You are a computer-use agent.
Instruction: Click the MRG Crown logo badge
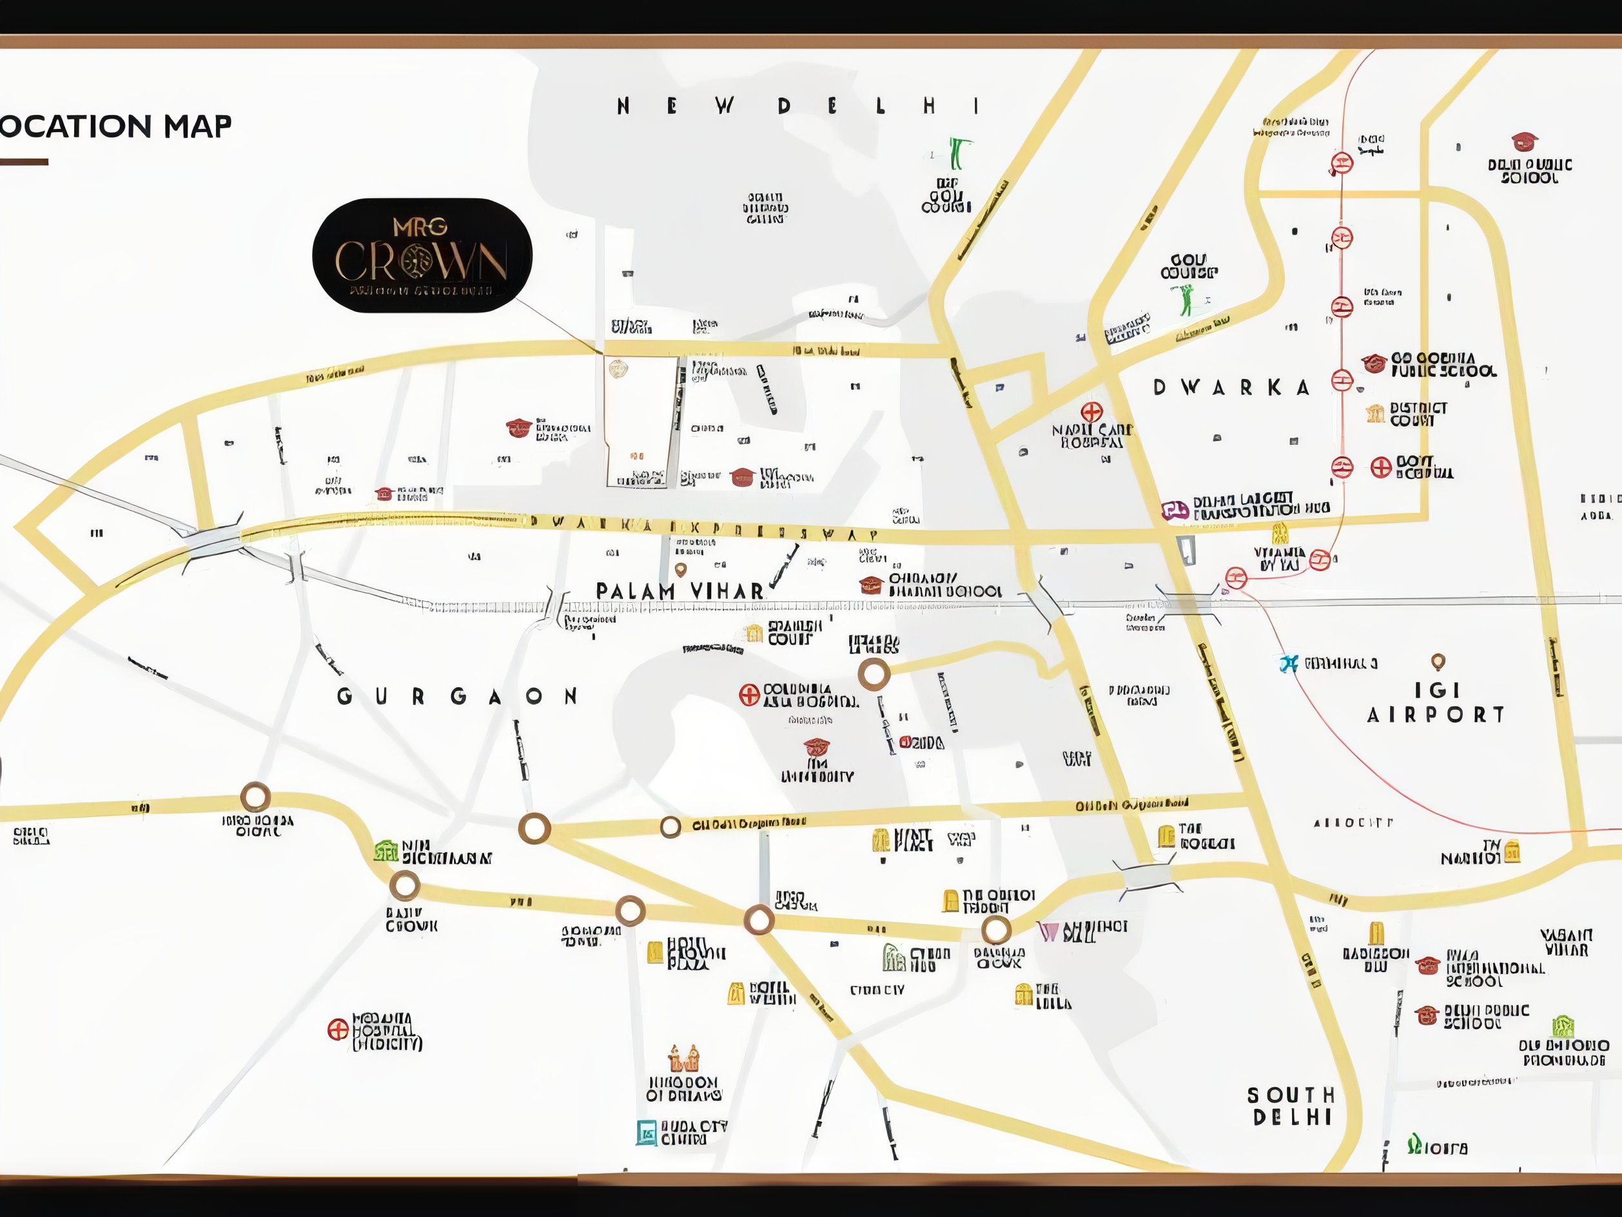point(422,255)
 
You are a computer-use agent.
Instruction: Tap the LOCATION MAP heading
point(116,126)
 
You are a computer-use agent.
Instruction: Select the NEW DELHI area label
point(799,106)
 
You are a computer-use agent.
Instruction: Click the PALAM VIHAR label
point(679,591)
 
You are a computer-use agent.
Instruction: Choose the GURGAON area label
point(458,696)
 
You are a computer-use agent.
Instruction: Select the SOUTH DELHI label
point(1291,1105)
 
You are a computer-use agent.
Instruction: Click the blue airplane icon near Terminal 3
point(1288,663)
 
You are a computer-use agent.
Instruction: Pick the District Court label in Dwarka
point(1418,414)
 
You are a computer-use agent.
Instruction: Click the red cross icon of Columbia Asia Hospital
point(748,694)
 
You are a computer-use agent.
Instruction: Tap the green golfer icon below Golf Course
point(1186,300)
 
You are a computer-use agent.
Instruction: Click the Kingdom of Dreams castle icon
point(684,1058)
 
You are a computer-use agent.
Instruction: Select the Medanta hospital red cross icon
point(337,1029)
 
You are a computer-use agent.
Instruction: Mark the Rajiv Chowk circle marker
point(404,886)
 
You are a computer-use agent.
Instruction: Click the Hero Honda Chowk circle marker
point(255,796)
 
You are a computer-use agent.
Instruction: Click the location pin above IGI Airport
point(1438,661)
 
